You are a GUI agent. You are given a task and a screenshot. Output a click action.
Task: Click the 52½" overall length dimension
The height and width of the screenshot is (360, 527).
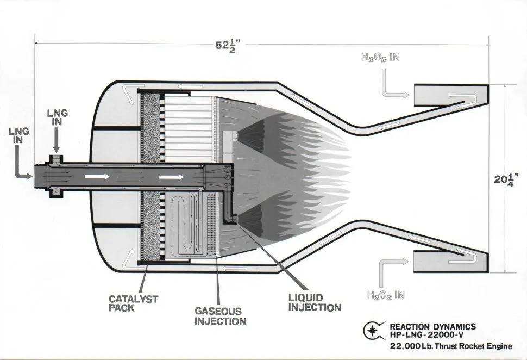pyautogui.click(x=228, y=46)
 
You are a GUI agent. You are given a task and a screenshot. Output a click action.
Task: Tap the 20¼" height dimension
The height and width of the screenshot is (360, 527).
pyautogui.click(x=506, y=179)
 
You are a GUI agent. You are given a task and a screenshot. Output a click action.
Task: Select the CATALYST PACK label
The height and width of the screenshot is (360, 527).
pyautogui.click(x=134, y=303)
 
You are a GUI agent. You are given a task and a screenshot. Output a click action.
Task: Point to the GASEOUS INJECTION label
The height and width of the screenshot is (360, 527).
pyautogui.click(x=220, y=316)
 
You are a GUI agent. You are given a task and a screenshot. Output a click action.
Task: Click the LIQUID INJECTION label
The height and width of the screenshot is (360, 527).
pyautogui.click(x=315, y=302)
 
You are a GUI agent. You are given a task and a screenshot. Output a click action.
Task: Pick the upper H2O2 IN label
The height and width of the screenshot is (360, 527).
pyautogui.click(x=380, y=57)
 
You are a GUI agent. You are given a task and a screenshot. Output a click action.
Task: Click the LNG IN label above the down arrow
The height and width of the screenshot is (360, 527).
pyautogui.click(x=58, y=117)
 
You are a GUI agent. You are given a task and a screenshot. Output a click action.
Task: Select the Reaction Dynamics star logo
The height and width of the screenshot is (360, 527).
pyautogui.click(x=374, y=331)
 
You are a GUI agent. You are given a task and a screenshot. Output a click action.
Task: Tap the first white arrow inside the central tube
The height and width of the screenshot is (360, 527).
pyautogui.click(x=97, y=176)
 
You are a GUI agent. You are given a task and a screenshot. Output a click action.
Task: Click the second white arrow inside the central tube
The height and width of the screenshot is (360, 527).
pyautogui.click(x=171, y=177)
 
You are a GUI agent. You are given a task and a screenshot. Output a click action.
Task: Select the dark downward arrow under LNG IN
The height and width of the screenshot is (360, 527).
pyautogui.click(x=57, y=140)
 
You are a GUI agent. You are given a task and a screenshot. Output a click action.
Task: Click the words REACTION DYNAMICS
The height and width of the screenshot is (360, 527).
pyautogui.click(x=433, y=327)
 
